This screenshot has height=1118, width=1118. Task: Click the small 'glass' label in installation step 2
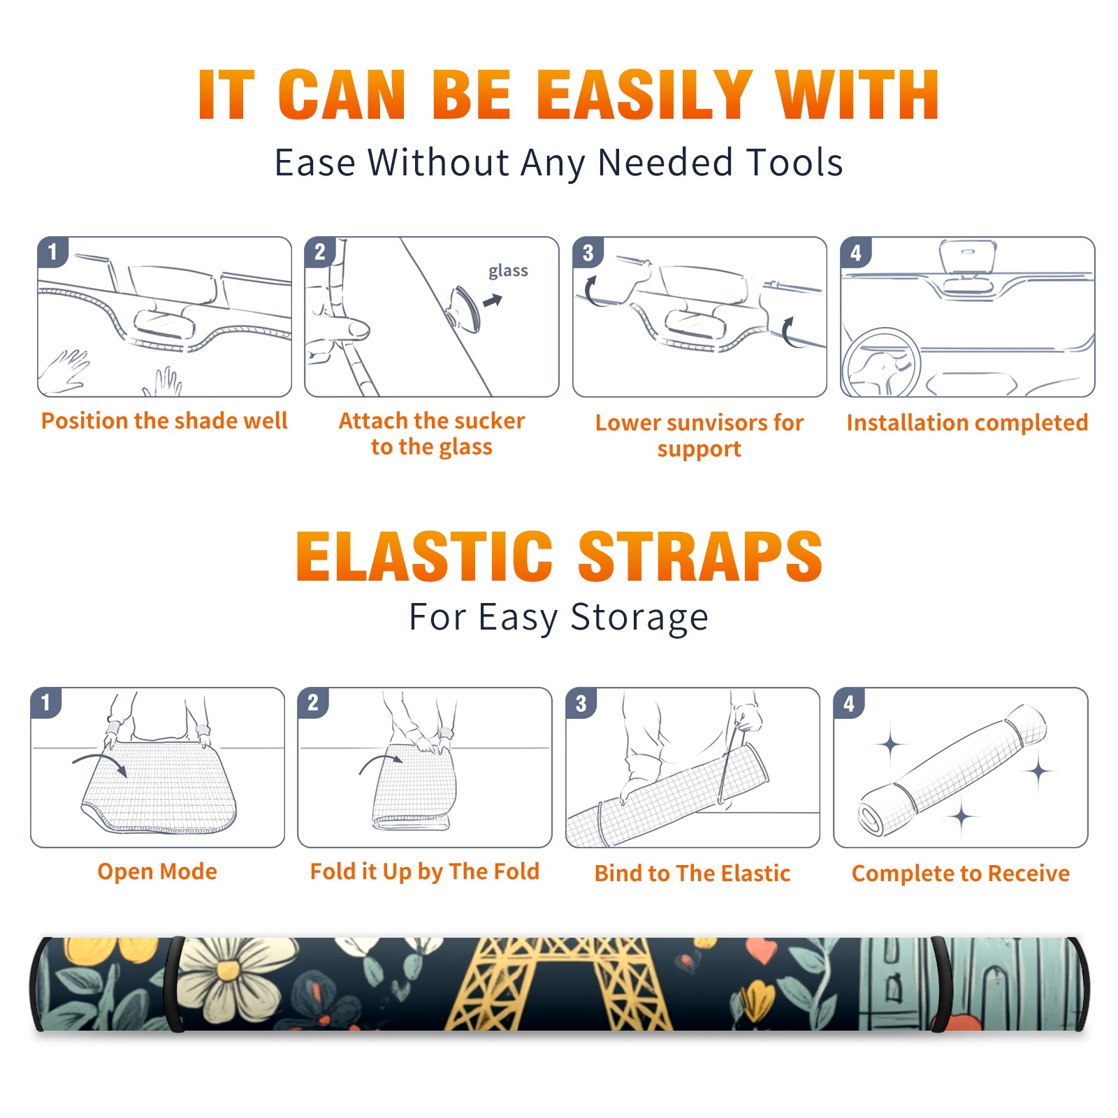[x=508, y=271]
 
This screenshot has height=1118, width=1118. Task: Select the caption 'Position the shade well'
[x=164, y=421]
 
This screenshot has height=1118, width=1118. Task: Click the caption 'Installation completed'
[x=967, y=422]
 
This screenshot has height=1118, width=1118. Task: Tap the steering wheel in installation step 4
[x=882, y=362]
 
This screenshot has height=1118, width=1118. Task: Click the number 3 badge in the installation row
[x=588, y=252]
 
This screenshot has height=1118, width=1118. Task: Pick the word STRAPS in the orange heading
[x=700, y=556]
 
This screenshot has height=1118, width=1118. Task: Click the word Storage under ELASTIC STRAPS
[x=639, y=618]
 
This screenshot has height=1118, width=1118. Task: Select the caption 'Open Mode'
[x=157, y=871]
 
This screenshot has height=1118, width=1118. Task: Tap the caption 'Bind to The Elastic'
[x=692, y=873]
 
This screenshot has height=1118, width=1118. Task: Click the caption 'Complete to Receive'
[x=961, y=873]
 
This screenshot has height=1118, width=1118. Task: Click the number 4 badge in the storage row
[x=849, y=703]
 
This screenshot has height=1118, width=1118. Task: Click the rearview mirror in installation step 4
[x=968, y=257]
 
